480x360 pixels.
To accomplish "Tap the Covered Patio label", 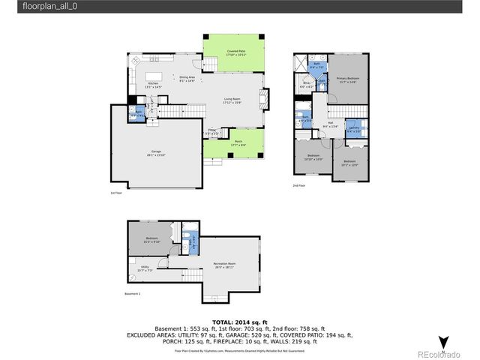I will click(233, 53).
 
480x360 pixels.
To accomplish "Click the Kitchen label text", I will click(152, 85).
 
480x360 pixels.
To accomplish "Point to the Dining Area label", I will click(187, 79).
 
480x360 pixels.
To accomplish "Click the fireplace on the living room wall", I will click(263, 97).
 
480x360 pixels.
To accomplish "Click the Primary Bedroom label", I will click(347, 79).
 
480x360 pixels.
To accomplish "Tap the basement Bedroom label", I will click(152, 240).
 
